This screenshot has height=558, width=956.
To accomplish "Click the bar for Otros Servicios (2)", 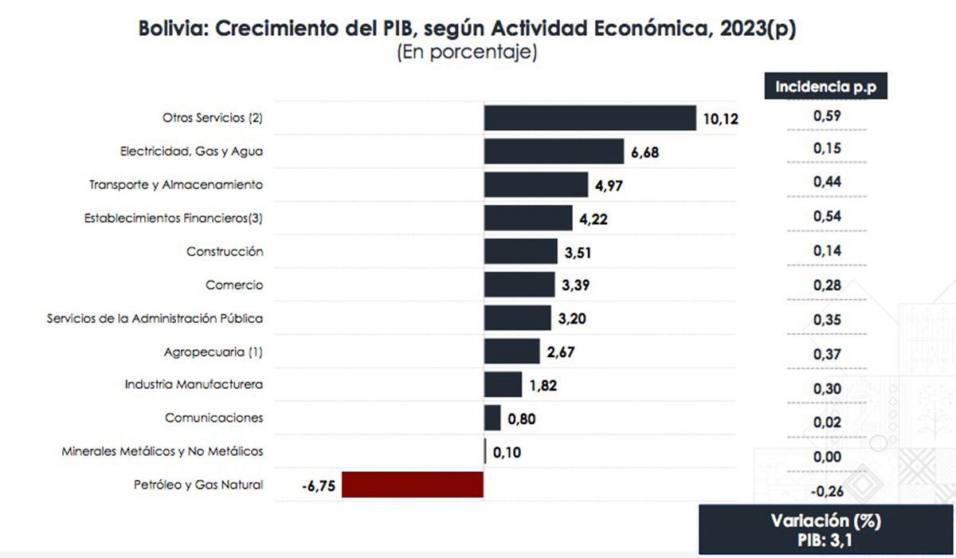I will [x=590, y=118].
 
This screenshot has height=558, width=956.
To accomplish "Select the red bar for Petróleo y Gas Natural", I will [x=413, y=484].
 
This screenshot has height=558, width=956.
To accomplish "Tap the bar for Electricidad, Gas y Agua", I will [x=554, y=151].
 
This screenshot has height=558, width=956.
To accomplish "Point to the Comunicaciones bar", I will [x=492, y=418].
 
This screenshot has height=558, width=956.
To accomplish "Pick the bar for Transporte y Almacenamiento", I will [x=535, y=185].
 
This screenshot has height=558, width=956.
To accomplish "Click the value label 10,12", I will [x=721, y=120].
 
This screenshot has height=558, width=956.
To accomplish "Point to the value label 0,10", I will [x=508, y=452].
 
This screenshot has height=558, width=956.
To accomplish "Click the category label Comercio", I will [x=234, y=285].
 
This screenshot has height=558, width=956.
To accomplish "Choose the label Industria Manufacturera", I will [x=194, y=384].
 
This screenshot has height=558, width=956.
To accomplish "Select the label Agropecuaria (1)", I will [x=214, y=351].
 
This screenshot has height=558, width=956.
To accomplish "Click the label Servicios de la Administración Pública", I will [x=155, y=318].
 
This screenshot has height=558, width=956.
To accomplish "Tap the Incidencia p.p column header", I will [x=825, y=87].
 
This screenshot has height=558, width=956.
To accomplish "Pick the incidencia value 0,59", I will [x=827, y=116].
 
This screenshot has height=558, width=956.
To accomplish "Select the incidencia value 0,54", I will [x=827, y=215].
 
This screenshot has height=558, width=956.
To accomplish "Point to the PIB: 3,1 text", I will [x=825, y=540].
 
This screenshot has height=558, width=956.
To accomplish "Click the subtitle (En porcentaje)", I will [x=467, y=53].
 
